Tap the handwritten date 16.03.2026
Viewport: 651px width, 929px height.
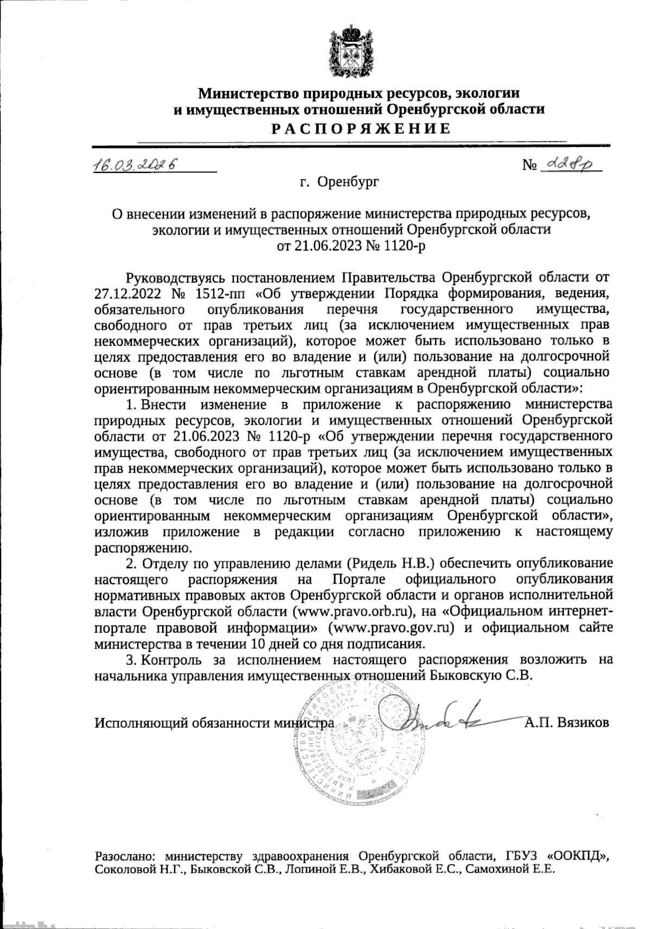pyautogui.click(x=136, y=164)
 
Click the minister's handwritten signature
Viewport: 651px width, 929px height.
pyautogui.click(x=429, y=721)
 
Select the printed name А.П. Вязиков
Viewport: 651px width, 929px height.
pyautogui.click(x=566, y=722)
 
